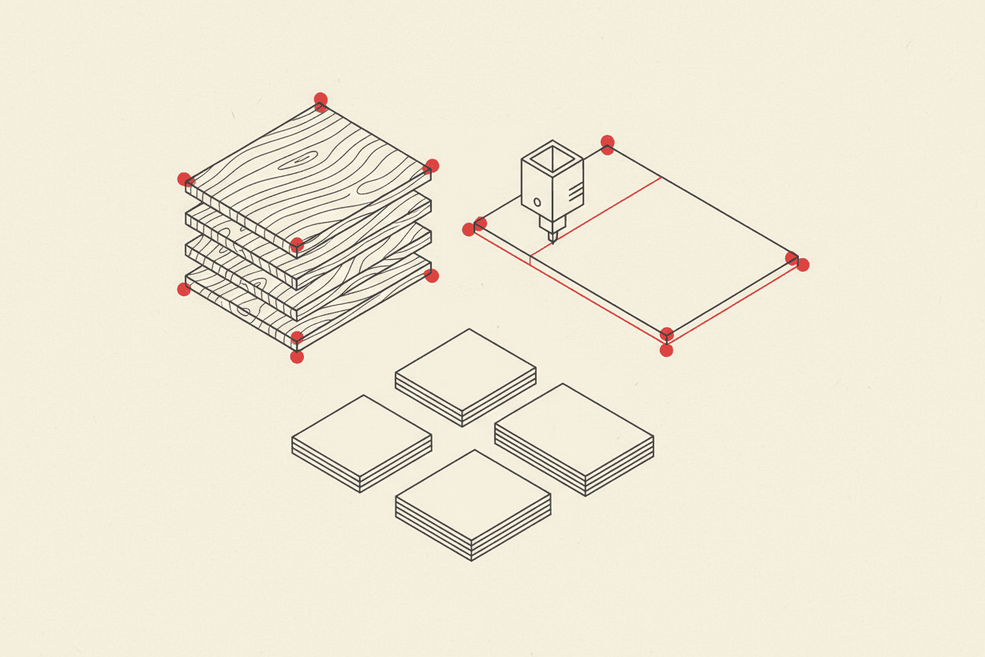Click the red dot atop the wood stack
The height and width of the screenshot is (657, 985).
pos(320,99)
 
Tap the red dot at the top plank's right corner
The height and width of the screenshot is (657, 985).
pos(432,166)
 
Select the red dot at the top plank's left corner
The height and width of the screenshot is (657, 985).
pos(184,179)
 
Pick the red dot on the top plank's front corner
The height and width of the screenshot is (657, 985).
pos(297,244)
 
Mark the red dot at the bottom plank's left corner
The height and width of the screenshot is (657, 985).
pos(184,289)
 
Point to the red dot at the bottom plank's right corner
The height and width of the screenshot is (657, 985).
pos(432,276)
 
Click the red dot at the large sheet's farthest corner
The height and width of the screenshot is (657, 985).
pos(607,142)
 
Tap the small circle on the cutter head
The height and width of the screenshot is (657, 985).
pos(537,202)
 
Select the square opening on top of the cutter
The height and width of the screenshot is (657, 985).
pos(552,160)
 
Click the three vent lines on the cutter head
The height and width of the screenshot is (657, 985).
pos(575,191)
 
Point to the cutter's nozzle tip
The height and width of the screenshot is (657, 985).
pos(552,238)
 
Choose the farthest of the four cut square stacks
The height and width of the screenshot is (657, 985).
pos(466,371)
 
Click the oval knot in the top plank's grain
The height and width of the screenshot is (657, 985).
pos(302,159)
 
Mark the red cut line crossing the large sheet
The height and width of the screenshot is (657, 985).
pos(596,216)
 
